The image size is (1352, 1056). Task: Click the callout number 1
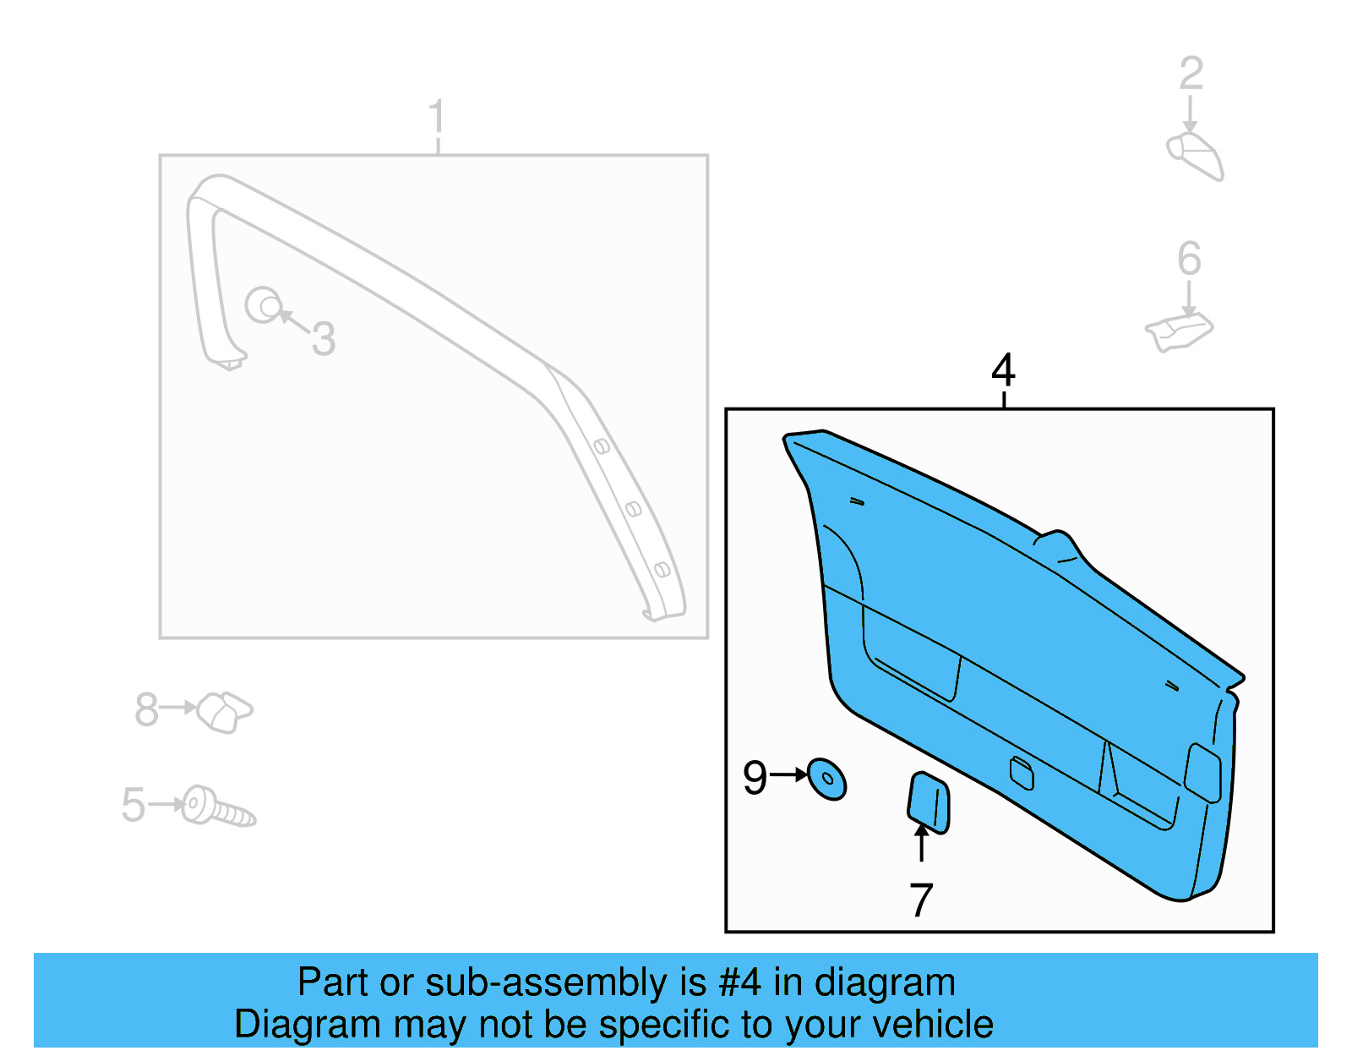pos(436,118)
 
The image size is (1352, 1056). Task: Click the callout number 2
pos(1191,74)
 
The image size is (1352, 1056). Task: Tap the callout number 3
pos(324,339)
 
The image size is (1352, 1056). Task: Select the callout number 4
pos(1003,370)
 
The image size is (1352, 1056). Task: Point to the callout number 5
pos(134,804)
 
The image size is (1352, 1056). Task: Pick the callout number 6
pos(1189,259)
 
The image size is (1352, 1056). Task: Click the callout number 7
pos(921,900)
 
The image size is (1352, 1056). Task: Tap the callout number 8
pos(146,709)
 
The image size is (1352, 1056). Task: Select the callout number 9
pos(755,777)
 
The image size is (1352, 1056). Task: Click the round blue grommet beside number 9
pos(826,779)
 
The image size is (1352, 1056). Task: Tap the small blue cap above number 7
pos(928,802)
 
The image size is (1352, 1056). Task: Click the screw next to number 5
pos(218,807)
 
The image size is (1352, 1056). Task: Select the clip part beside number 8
pos(224,711)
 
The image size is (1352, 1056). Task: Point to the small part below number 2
pos(1196,156)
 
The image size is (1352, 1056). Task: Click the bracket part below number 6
pos(1179,332)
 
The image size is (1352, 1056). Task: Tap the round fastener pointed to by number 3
pos(264,304)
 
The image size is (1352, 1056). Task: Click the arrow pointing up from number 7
pos(922,842)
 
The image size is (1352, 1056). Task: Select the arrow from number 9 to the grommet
pos(789,774)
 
